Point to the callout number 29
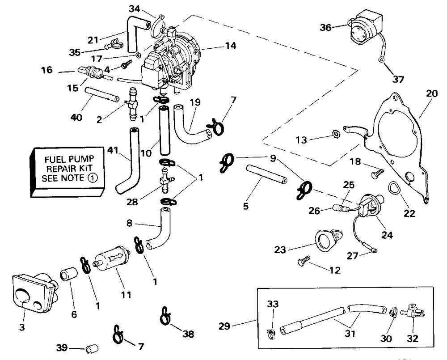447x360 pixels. (224, 326)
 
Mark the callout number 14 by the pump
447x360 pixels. (231, 46)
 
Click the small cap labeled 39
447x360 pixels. (92, 347)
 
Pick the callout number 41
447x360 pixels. (113, 151)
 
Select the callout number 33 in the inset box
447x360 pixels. (273, 304)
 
